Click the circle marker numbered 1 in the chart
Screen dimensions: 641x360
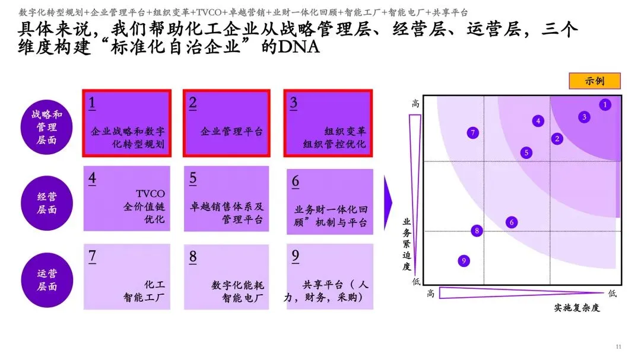(x=605, y=105)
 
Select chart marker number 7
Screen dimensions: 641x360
(x=473, y=133)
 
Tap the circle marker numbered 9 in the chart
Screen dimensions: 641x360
(x=464, y=260)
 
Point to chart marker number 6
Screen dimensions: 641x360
(x=512, y=222)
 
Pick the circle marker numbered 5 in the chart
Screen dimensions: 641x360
(x=526, y=152)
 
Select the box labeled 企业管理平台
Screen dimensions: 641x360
(x=226, y=123)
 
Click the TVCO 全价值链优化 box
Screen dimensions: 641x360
(x=127, y=198)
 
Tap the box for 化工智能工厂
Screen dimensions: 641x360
(x=127, y=277)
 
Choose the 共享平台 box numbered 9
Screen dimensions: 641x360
(x=330, y=277)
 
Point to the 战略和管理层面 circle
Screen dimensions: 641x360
(x=47, y=127)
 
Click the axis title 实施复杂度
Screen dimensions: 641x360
(x=577, y=308)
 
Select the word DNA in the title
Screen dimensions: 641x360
(x=299, y=47)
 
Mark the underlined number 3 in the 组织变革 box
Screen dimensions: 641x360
(x=293, y=103)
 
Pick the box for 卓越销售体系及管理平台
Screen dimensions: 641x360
(x=226, y=198)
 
